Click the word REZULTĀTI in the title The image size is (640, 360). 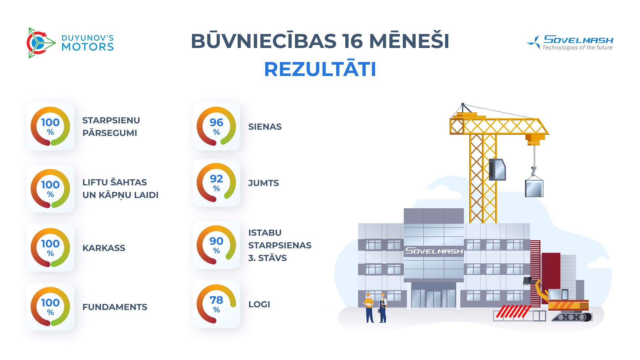[x=320, y=69]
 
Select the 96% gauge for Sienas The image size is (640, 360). [x=216, y=126]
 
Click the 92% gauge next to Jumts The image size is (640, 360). [x=216, y=183]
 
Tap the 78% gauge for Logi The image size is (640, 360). [x=216, y=304]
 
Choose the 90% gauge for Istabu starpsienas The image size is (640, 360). [x=216, y=245]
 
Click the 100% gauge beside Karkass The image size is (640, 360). [x=50, y=248]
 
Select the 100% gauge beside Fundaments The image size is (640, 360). [x=50, y=307]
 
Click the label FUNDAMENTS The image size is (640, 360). [x=115, y=307]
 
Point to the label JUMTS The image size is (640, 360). [x=263, y=183]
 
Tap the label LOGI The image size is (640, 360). [x=259, y=304]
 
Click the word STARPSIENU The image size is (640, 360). [x=111, y=120]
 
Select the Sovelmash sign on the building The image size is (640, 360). [x=434, y=251]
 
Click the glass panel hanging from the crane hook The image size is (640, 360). [x=534, y=188]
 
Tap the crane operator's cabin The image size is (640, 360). [x=497, y=169]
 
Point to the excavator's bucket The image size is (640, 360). [x=527, y=281]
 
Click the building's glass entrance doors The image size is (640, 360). [x=433, y=298]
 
